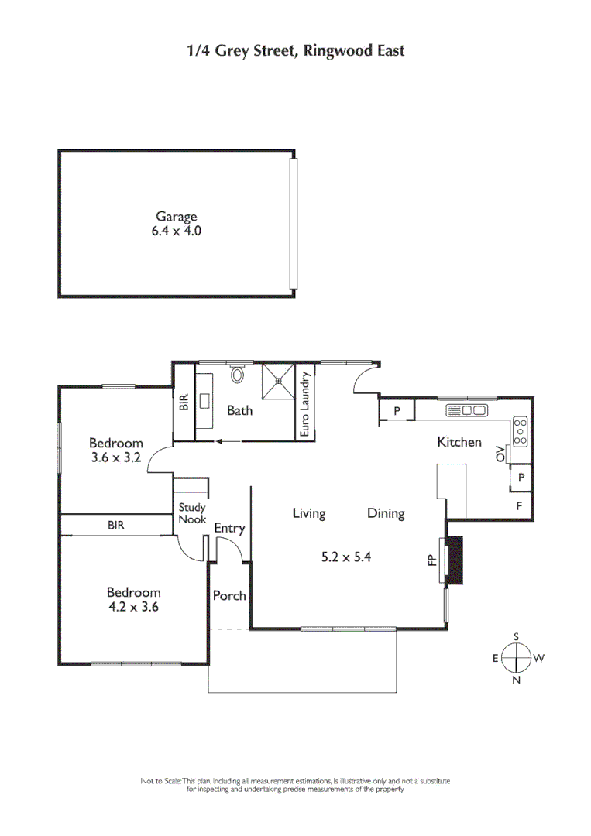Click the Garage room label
coord(177,218)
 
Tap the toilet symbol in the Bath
coord(238,375)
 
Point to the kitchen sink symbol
coord(466,411)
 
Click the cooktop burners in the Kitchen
coord(520,431)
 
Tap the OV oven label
coord(500,454)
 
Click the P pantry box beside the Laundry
coord(397,411)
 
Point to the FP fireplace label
coord(432,559)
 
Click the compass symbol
coord(517,659)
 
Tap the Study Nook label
coord(192,514)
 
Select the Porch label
coord(229,595)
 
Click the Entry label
coord(229,529)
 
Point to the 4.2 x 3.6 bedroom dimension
coord(133,607)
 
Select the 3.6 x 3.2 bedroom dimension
coord(116,457)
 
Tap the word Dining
coord(386,513)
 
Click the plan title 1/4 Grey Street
coord(295,51)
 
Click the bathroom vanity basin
coord(206,401)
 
